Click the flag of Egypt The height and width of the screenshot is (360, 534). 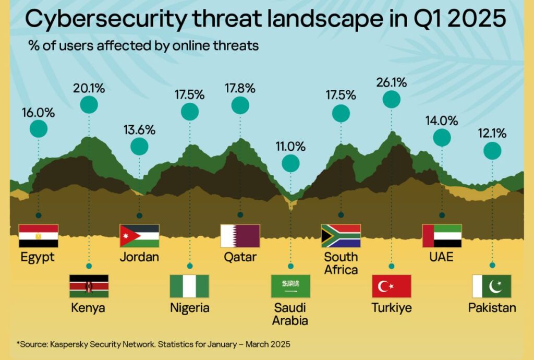tap(38, 236)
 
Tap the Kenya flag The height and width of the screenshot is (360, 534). tap(89, 286)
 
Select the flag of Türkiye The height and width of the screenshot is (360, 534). tap(392, 286)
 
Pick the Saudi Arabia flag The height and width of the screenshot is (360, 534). tap(290, 286)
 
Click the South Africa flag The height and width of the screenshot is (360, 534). tap(341, 236)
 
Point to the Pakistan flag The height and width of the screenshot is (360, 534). tap(492, 286)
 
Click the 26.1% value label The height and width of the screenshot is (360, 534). tap(392, 82)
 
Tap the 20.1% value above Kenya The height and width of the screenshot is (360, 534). tap(89, 88)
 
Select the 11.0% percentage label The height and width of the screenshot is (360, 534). tap(290, 147)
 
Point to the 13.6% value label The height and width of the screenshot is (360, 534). tap(139, 130)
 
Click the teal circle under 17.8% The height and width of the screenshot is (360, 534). tap(240, 105)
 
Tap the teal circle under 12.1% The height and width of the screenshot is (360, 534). tap(492, 151)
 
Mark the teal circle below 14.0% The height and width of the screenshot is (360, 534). tap(442, 138)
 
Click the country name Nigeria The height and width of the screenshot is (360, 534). tap(190, 308)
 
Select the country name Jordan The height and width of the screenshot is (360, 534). tap(139, 257)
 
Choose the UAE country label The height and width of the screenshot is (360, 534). tap(442, 257)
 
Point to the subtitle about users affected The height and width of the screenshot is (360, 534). tap(143, 46)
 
